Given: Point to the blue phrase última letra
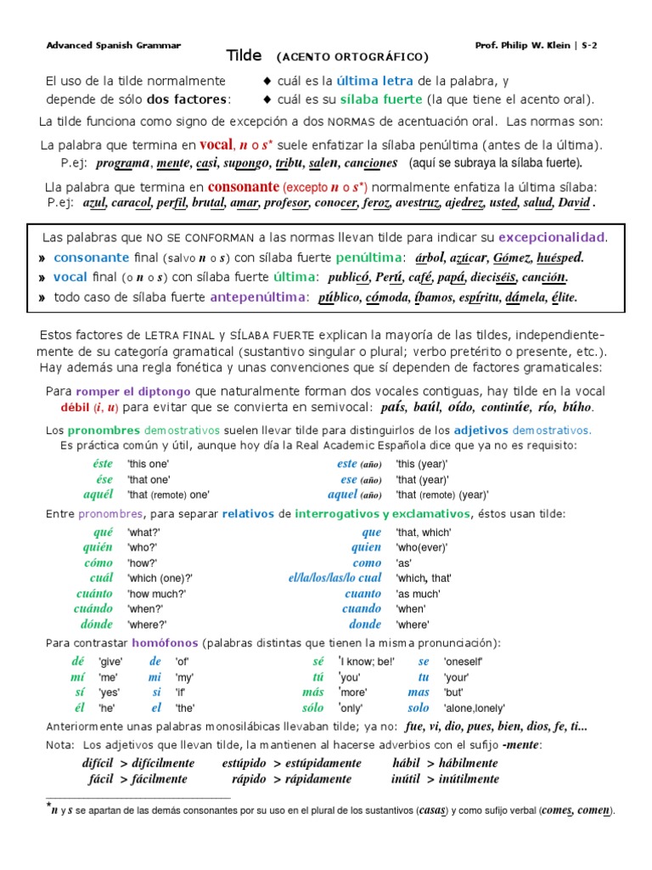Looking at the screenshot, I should point(375,81).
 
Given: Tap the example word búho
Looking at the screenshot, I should point(576,407).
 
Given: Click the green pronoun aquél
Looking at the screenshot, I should point(98,494).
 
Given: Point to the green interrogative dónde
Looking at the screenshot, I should point(98,624).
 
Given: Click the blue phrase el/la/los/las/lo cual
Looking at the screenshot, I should point(334,578).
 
